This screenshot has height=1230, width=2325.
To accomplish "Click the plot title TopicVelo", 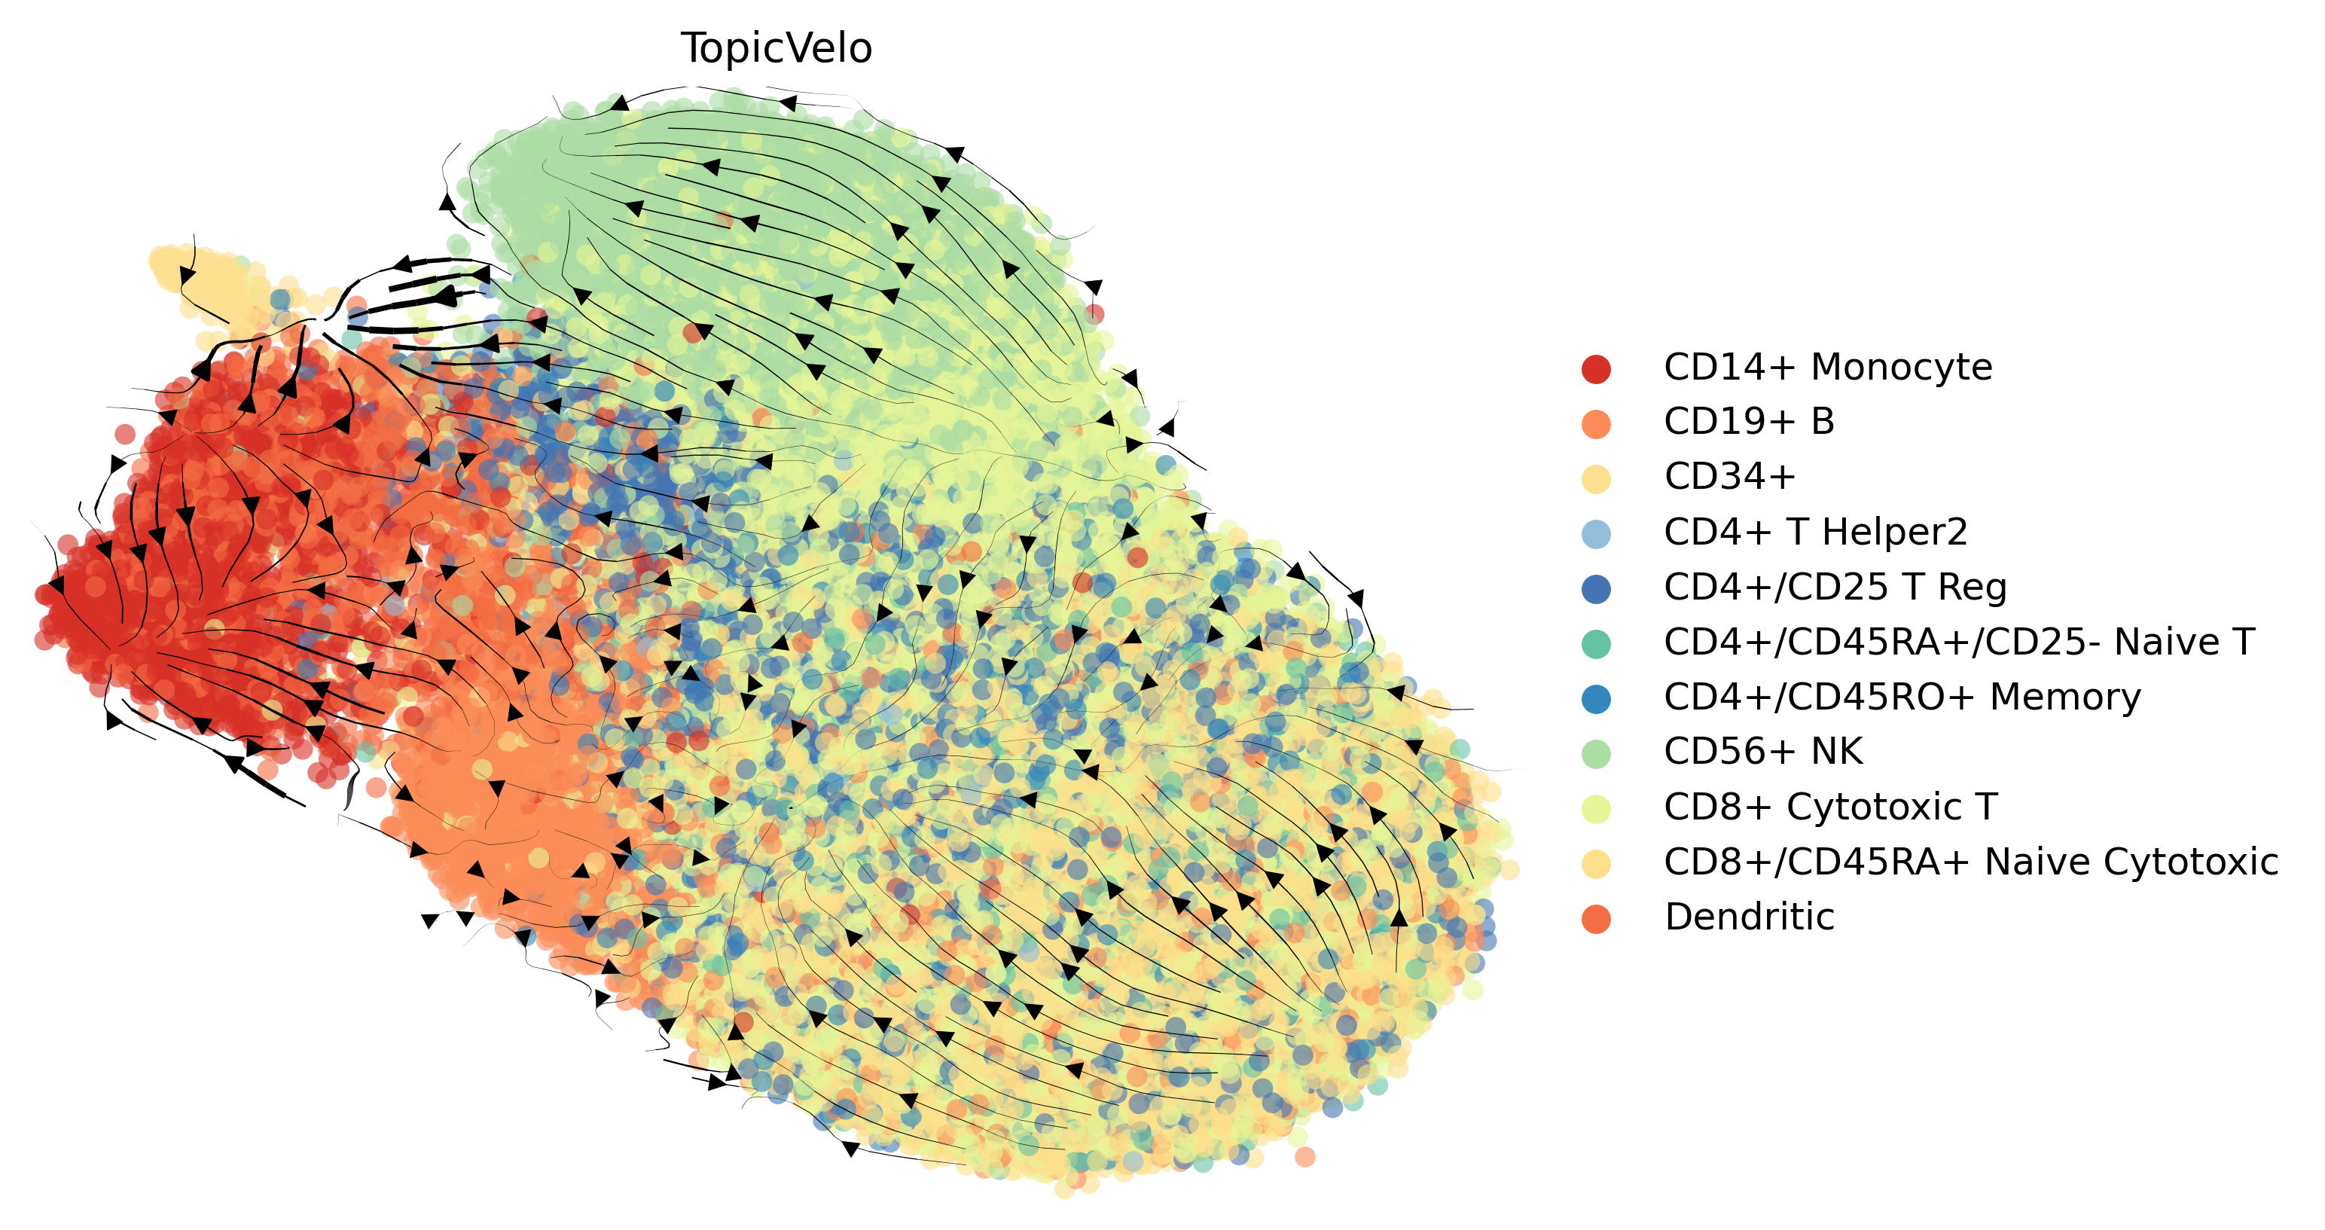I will [777, 49].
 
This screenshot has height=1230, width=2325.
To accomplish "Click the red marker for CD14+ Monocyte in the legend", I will [1596, 369].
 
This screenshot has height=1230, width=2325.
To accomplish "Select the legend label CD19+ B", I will [1748, 422].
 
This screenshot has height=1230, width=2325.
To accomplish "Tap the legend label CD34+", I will [1729, 477].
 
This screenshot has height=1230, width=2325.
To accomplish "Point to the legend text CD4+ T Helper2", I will [1815, 532].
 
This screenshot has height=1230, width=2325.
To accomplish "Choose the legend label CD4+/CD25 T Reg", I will [1835, 587].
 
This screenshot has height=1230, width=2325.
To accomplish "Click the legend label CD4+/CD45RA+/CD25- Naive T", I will [1958, 642].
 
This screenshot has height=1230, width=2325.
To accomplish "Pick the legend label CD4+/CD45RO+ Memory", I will [1902, 697].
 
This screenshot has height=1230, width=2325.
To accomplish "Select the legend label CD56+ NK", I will [1762, 751].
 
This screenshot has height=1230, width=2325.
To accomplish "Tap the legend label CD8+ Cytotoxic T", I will [1830, 807].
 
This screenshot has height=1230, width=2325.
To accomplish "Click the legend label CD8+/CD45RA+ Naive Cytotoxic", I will [1970, 862].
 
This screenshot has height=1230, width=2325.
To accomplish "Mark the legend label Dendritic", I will [1748, 917].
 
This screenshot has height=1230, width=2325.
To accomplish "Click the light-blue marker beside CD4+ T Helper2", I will [1596, 533].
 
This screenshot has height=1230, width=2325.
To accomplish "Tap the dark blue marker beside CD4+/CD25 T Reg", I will [1596, 588].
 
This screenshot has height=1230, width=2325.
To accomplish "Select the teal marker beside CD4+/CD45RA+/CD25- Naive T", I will [1596, 643].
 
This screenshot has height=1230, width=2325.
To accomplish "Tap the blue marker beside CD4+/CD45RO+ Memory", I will [1596, 698].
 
